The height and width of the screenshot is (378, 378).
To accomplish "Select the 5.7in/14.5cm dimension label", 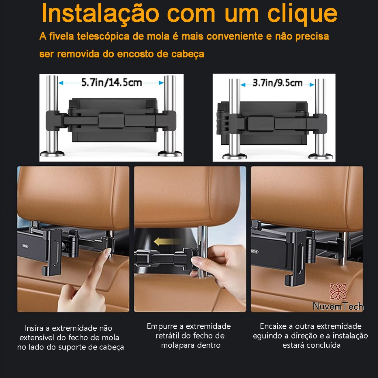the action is [x=111, y=83].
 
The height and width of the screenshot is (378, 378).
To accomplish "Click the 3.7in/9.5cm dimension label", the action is [x=278, y=83].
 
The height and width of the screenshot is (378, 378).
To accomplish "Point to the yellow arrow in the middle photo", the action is [x=168, y=241].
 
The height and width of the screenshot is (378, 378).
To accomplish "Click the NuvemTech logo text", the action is [x=338, y=306].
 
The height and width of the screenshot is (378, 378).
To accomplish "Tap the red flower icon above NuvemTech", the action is [x=338, y=292].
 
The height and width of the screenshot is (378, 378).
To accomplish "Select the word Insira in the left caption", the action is [x=34, y=328].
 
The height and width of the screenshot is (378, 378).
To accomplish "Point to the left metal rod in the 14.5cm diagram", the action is [x=52, y=116].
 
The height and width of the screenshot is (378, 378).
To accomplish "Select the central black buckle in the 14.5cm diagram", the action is [x=111, y=120].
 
